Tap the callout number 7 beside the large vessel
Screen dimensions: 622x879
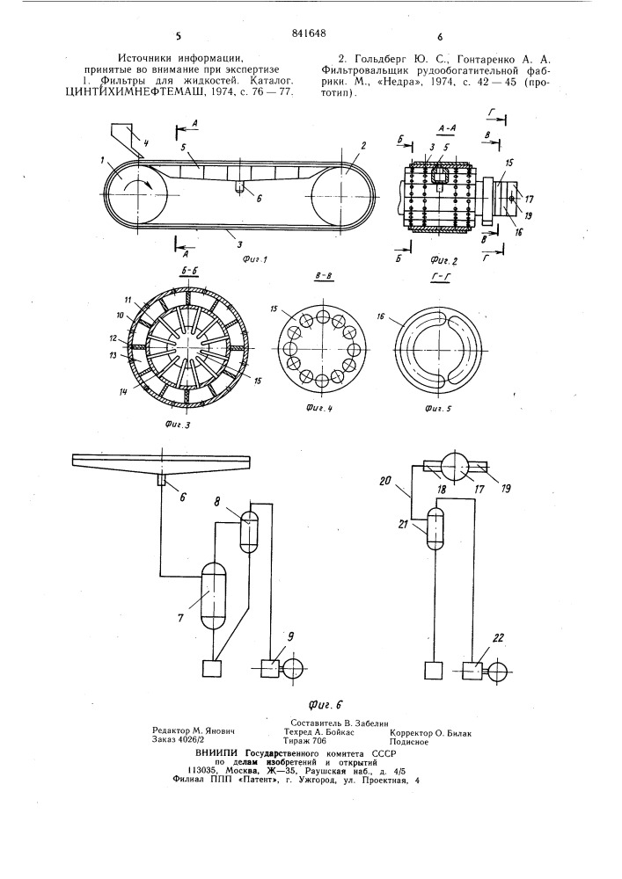point(180,618)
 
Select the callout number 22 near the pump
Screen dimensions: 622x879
point(499,638)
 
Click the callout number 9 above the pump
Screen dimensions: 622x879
point(290,636)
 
